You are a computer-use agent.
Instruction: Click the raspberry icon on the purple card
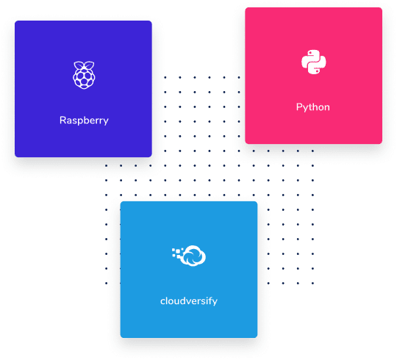tap(84, 75)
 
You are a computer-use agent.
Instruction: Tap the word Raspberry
tap(84, 120)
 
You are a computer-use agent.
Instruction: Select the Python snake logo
tap(313, 62)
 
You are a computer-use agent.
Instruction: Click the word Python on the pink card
tap(313, 107)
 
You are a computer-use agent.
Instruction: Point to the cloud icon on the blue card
tap(194, 256)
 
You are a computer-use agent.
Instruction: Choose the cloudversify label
tap(189, 301)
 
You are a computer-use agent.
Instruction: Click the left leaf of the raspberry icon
tap(79, 65)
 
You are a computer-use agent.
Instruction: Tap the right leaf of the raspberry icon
tap(89, 65)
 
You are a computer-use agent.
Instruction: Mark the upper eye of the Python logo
tap(310, 54)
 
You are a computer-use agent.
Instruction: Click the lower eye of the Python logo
tap(318, 71)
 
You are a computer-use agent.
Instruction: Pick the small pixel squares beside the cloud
tap(178, 253)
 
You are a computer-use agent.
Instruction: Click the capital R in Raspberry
tap(62, 120)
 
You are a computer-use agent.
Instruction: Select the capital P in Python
tap(298, 107)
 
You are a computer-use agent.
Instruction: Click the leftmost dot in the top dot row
tap(165, 77)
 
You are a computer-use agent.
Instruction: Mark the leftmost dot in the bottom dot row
tap(106, 283)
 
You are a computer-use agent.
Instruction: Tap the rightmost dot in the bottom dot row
tap(312, 283)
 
